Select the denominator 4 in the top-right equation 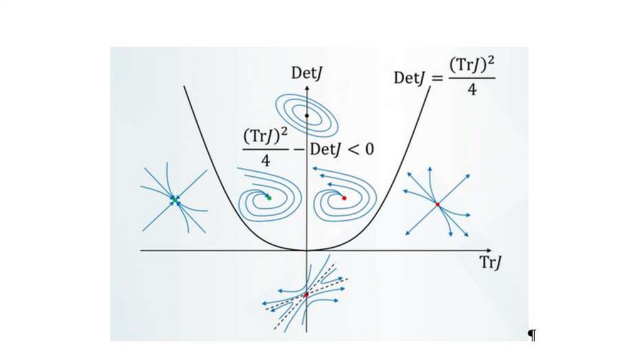(471, 90)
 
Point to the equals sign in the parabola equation (436, 78)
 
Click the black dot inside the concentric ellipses (307, 115)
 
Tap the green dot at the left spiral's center (269, 198)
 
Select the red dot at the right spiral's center (344, 198)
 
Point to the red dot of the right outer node (438, 204)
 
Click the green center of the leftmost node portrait (174, 199)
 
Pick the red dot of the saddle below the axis (306, 294)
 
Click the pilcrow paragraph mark (532, 336)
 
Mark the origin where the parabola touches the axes (307, 250)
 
